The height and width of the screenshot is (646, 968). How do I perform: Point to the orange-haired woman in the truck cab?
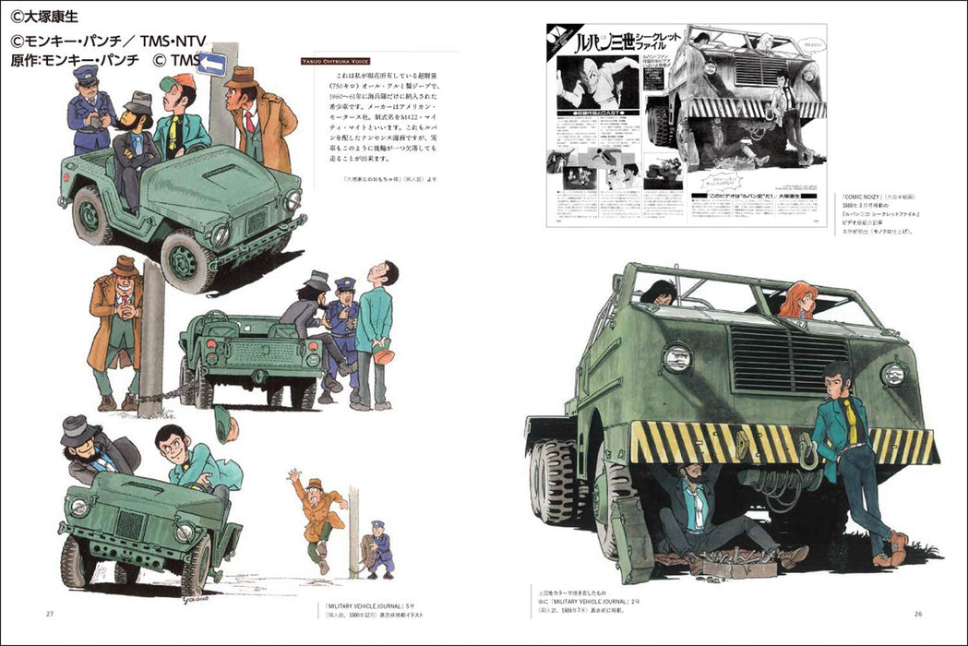point(795,301)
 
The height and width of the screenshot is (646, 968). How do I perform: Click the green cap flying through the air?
point(222,424)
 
